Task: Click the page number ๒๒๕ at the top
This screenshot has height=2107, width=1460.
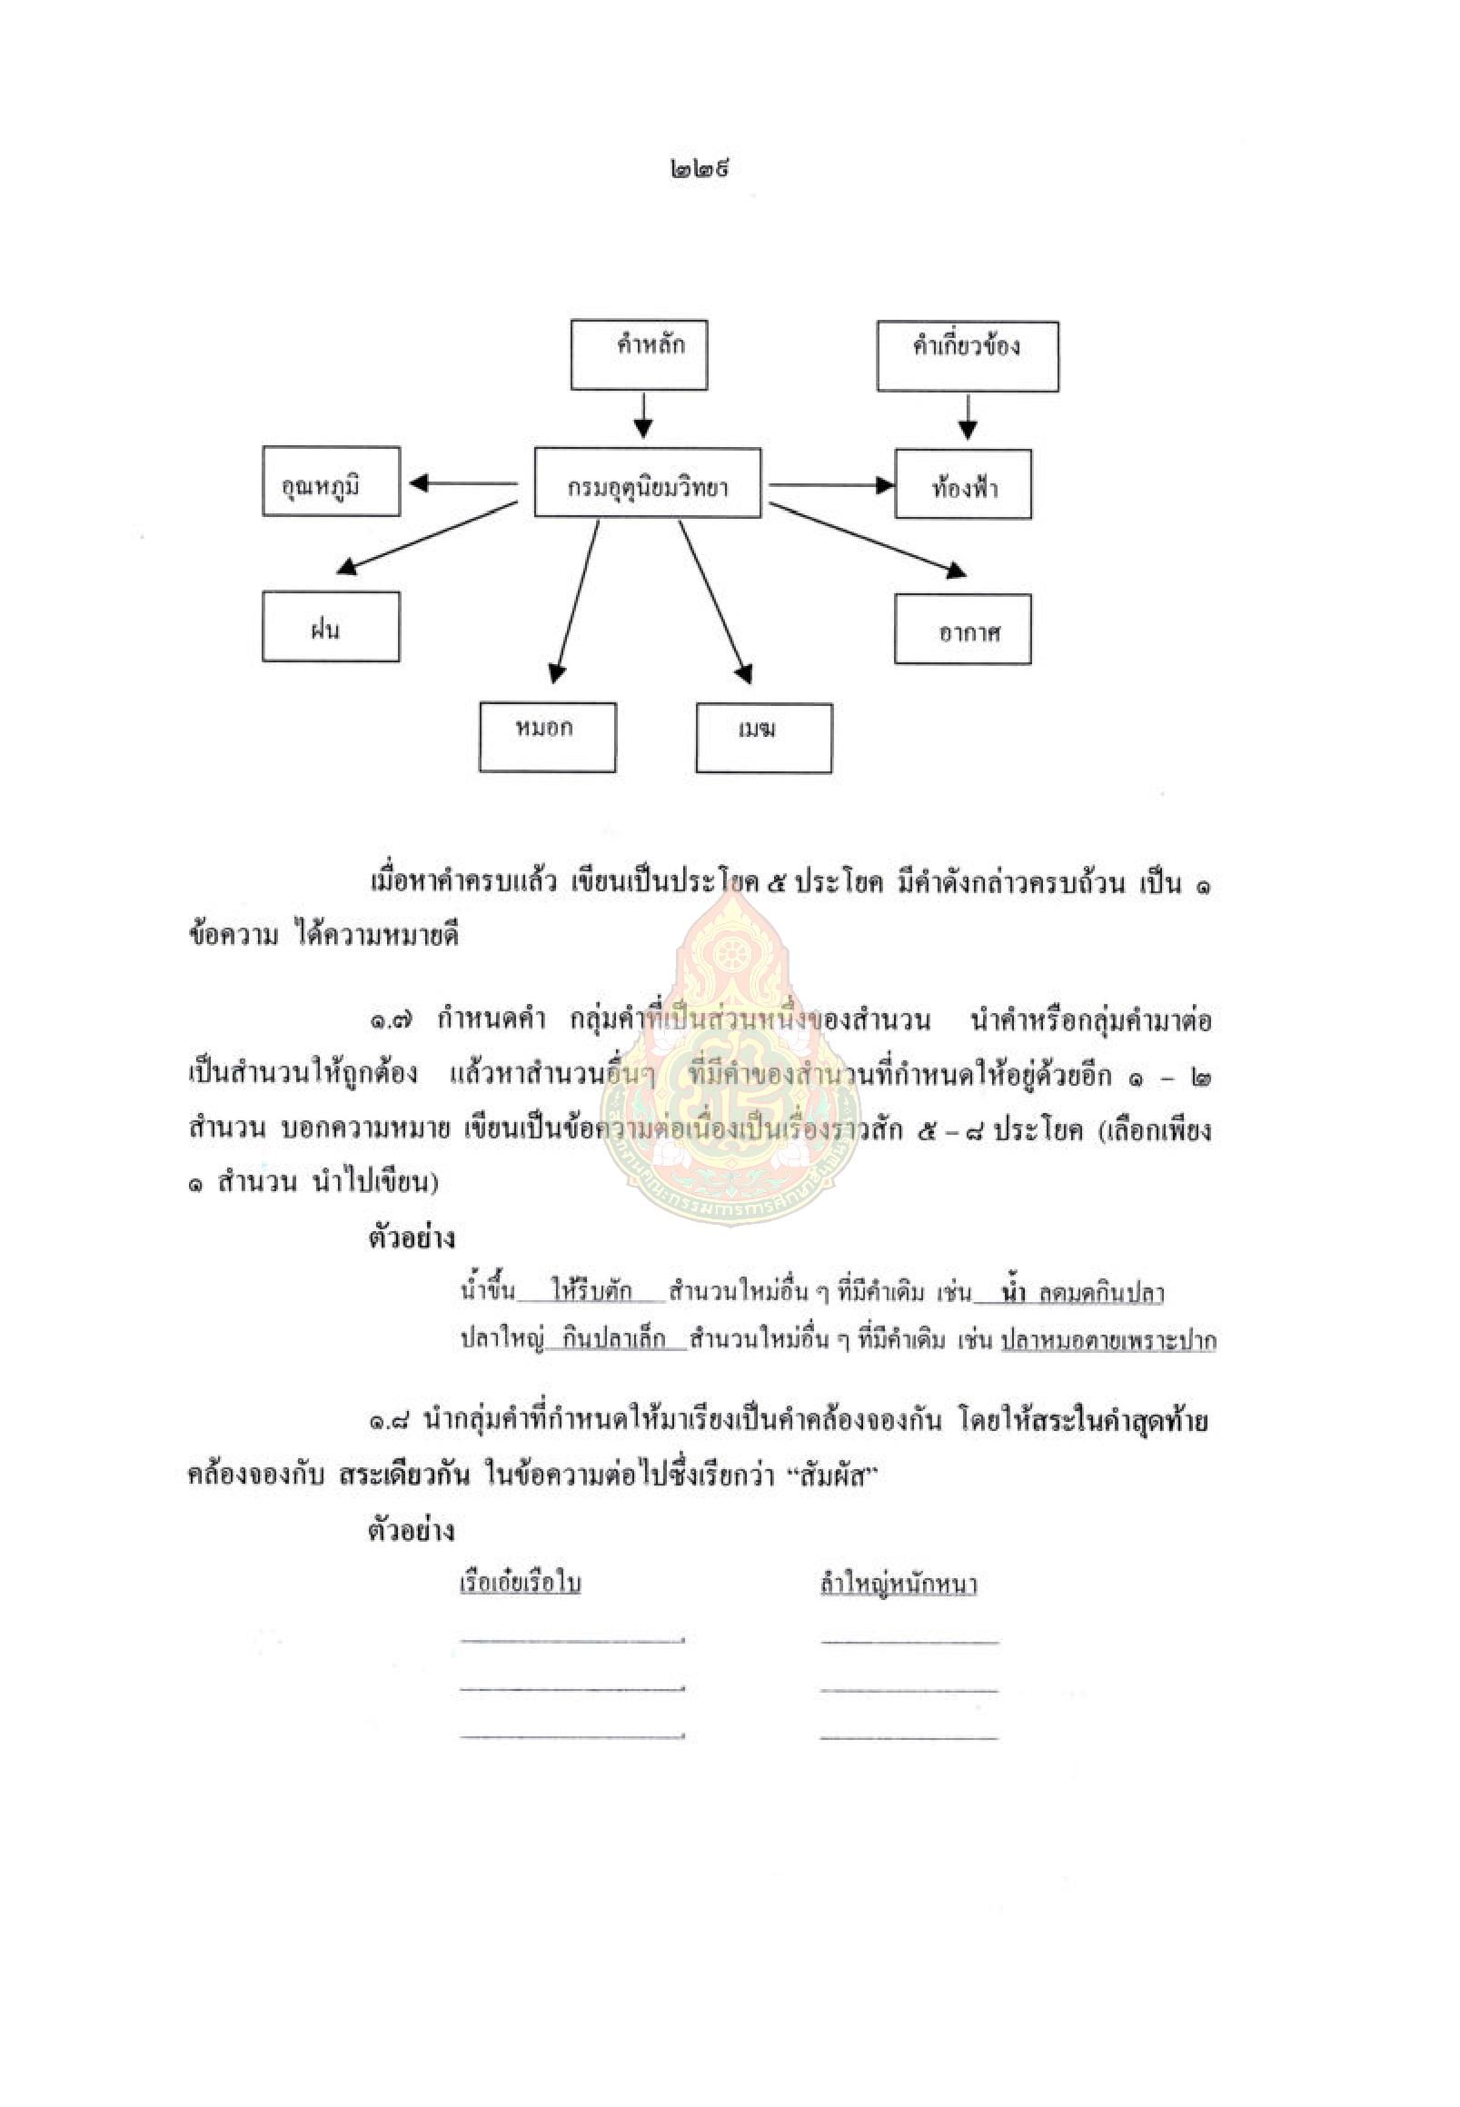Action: [699, 169]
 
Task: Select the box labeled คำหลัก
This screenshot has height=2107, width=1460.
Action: [640, 354]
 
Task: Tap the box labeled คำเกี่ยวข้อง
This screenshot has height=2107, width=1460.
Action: [968, 356]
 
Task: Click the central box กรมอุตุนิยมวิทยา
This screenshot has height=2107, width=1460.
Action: [648, 483]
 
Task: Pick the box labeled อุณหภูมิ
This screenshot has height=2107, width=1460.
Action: [331, 482]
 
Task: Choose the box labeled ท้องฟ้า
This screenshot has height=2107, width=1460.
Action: [963, 484]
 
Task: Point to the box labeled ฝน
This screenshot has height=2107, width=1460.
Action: [331, 627]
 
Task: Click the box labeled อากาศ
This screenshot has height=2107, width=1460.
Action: [963, 629]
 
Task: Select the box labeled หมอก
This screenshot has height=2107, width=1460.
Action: [548, 738]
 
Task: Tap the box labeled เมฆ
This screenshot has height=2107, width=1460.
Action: [765, 739]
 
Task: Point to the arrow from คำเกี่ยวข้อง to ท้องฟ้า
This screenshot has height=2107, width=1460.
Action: [968, 416]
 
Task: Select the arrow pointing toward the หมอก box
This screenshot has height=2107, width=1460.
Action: [575, 601]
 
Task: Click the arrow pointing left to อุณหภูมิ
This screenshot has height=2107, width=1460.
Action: [462, 483]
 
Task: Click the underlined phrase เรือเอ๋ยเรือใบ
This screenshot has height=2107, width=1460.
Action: [521, 1584]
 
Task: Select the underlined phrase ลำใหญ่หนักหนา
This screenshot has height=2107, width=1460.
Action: [899, 1584]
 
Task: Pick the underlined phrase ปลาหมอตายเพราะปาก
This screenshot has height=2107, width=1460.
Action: [1108, 1341]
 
